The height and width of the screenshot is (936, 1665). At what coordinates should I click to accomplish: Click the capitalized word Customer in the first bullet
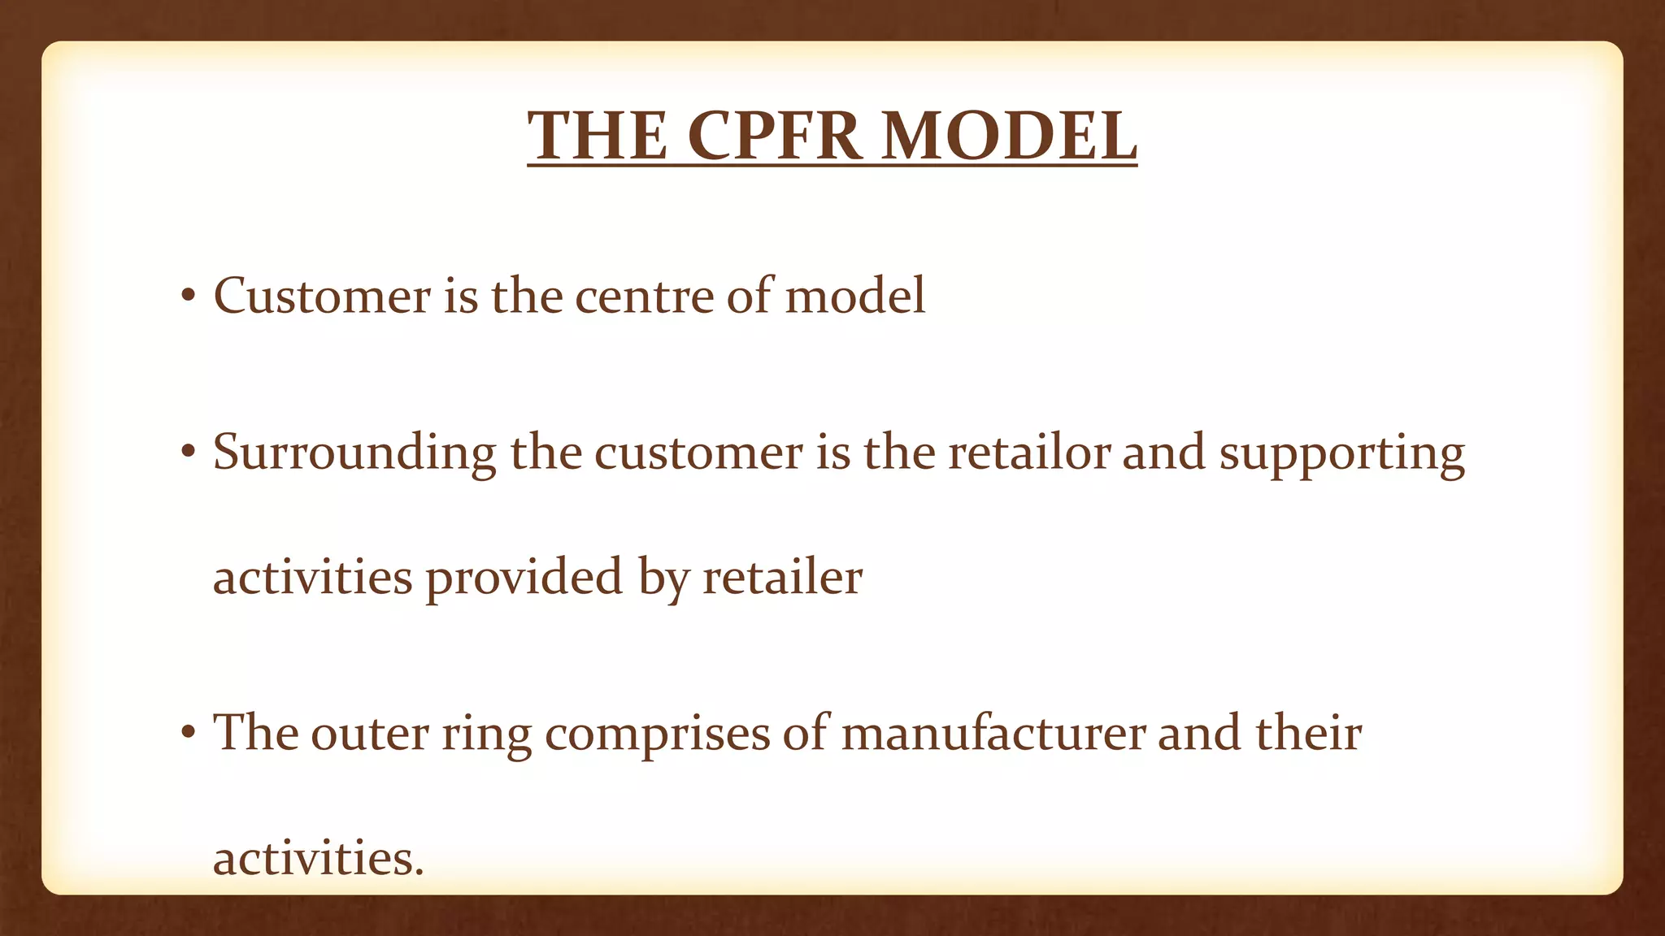(x=322, y=295)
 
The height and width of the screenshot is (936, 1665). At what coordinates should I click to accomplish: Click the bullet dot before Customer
(x=189, y=297)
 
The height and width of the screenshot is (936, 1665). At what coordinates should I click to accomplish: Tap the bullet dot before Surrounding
(x=189, y=453)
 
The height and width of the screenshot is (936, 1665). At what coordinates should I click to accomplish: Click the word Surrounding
(x=354, y=453)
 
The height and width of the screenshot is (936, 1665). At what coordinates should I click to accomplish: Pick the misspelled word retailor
(x=1028, y=452)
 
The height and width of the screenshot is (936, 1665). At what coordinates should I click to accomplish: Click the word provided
(x=524, y=578)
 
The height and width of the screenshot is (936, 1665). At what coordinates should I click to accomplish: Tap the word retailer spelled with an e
(x=782, y=577)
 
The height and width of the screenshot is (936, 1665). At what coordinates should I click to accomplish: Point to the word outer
(x=370, y=733)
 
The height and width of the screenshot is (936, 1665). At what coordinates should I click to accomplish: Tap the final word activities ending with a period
(x=318, y=858)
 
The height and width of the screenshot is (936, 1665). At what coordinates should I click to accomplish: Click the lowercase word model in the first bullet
(x=855, y=295)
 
